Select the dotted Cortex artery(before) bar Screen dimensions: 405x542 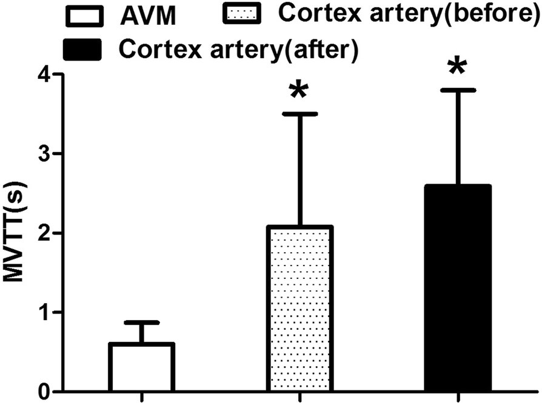pyautogui.click(x=299, y=309)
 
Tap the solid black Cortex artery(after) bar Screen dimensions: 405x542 pyautogui.click(x=457, y=289)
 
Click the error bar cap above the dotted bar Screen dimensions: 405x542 pyautogui.click(x=299, y=114)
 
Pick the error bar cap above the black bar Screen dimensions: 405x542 pyautogui.click(x=457, y=90)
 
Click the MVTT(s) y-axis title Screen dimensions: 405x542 pyautogui.click(x=16, y=233)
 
